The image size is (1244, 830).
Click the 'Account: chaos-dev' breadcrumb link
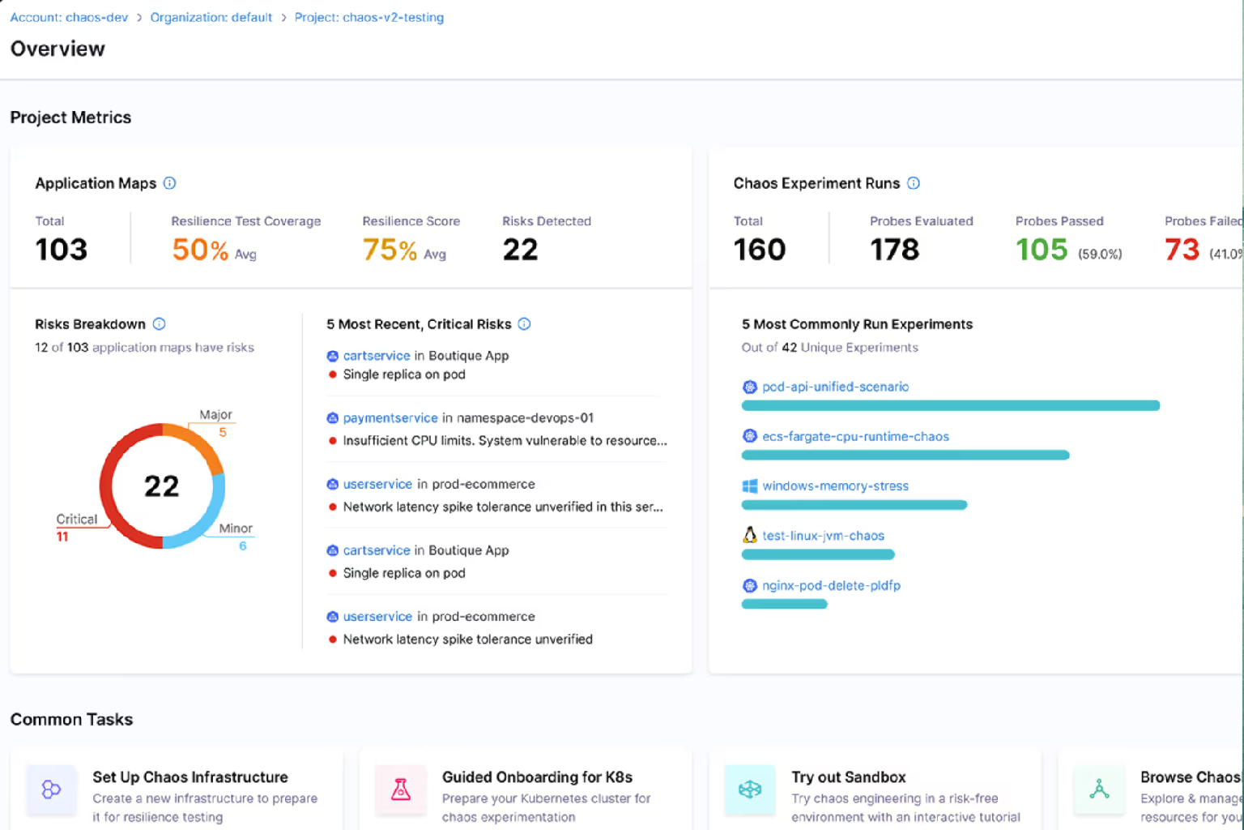pos(69,17)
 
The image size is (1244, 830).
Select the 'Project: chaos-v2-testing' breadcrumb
pos(369,17)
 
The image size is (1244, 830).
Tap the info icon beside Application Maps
pos(169,183)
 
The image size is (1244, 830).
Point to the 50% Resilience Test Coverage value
pos(200,250)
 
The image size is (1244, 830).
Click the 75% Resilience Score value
pos(390,250)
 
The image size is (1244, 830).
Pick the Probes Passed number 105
pos(1042,250)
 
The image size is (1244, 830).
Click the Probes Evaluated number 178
pos(894,250)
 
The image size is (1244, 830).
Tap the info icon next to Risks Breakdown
pos(160,324)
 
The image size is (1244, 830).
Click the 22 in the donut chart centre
pos(162,486)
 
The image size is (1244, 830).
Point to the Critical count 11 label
pos(62,537)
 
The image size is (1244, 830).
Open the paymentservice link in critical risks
pos(390,418)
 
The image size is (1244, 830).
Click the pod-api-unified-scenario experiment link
pos(835,387)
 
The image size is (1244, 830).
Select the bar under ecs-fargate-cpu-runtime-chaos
pos(905,456)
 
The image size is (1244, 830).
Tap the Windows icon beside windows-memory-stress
pos(750,486)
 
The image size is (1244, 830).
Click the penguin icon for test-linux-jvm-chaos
pos(750,535)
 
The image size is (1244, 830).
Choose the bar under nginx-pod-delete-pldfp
pos(784,604)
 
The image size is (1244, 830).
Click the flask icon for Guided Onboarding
pos(401,789)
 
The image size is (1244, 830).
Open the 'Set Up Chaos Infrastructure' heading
pos(190,777)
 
